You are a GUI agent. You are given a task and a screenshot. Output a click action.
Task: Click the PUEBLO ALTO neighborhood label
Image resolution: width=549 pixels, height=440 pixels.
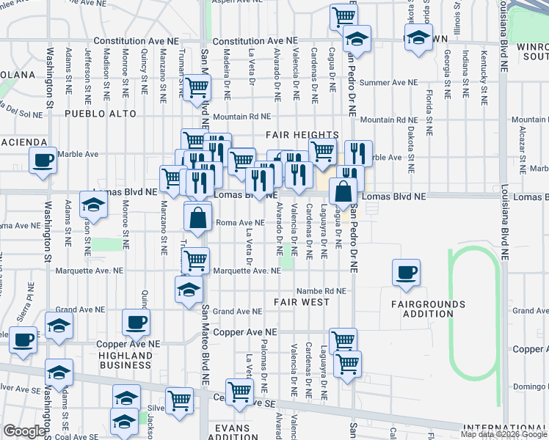click(x=101, y=114)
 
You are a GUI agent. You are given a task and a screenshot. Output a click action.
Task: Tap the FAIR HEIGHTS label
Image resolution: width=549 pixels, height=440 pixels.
click(x=302, y=135)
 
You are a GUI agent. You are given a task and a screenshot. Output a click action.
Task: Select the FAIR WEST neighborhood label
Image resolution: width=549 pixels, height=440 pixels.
click(x=302, y=302)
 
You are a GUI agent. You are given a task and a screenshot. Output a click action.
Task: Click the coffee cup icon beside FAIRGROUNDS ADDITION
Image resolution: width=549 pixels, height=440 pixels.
click(x=406, y=274)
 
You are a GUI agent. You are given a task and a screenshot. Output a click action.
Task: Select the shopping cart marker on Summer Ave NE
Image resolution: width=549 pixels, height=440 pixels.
click(x=197, y=87)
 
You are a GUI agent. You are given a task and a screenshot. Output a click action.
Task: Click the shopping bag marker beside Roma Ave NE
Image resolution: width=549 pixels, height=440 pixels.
click(x=198, y=217)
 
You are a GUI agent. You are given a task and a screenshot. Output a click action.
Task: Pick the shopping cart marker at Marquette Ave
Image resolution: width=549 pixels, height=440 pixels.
click(x=195, y=260)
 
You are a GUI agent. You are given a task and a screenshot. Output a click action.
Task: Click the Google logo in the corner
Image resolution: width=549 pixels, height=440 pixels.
click(x=24, y=432)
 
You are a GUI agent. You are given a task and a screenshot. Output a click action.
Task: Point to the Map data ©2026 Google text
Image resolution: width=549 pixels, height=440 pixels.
click(x=503, y=434)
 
